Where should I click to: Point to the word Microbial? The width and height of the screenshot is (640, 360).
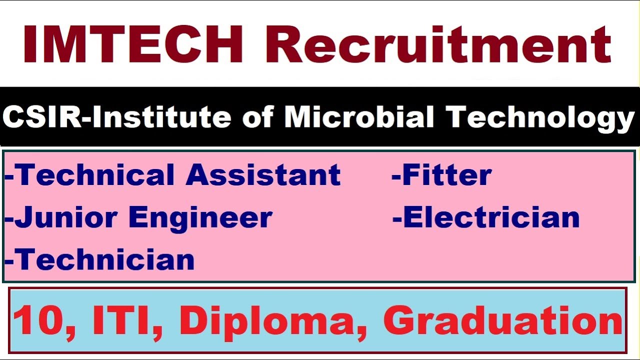(359, 117)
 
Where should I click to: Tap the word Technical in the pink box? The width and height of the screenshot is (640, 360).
(95, 175)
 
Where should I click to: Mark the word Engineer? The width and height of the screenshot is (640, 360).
(200, 217)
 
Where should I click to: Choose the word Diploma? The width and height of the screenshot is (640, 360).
(267, 321)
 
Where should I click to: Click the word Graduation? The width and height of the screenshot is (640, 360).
(502, 321)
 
